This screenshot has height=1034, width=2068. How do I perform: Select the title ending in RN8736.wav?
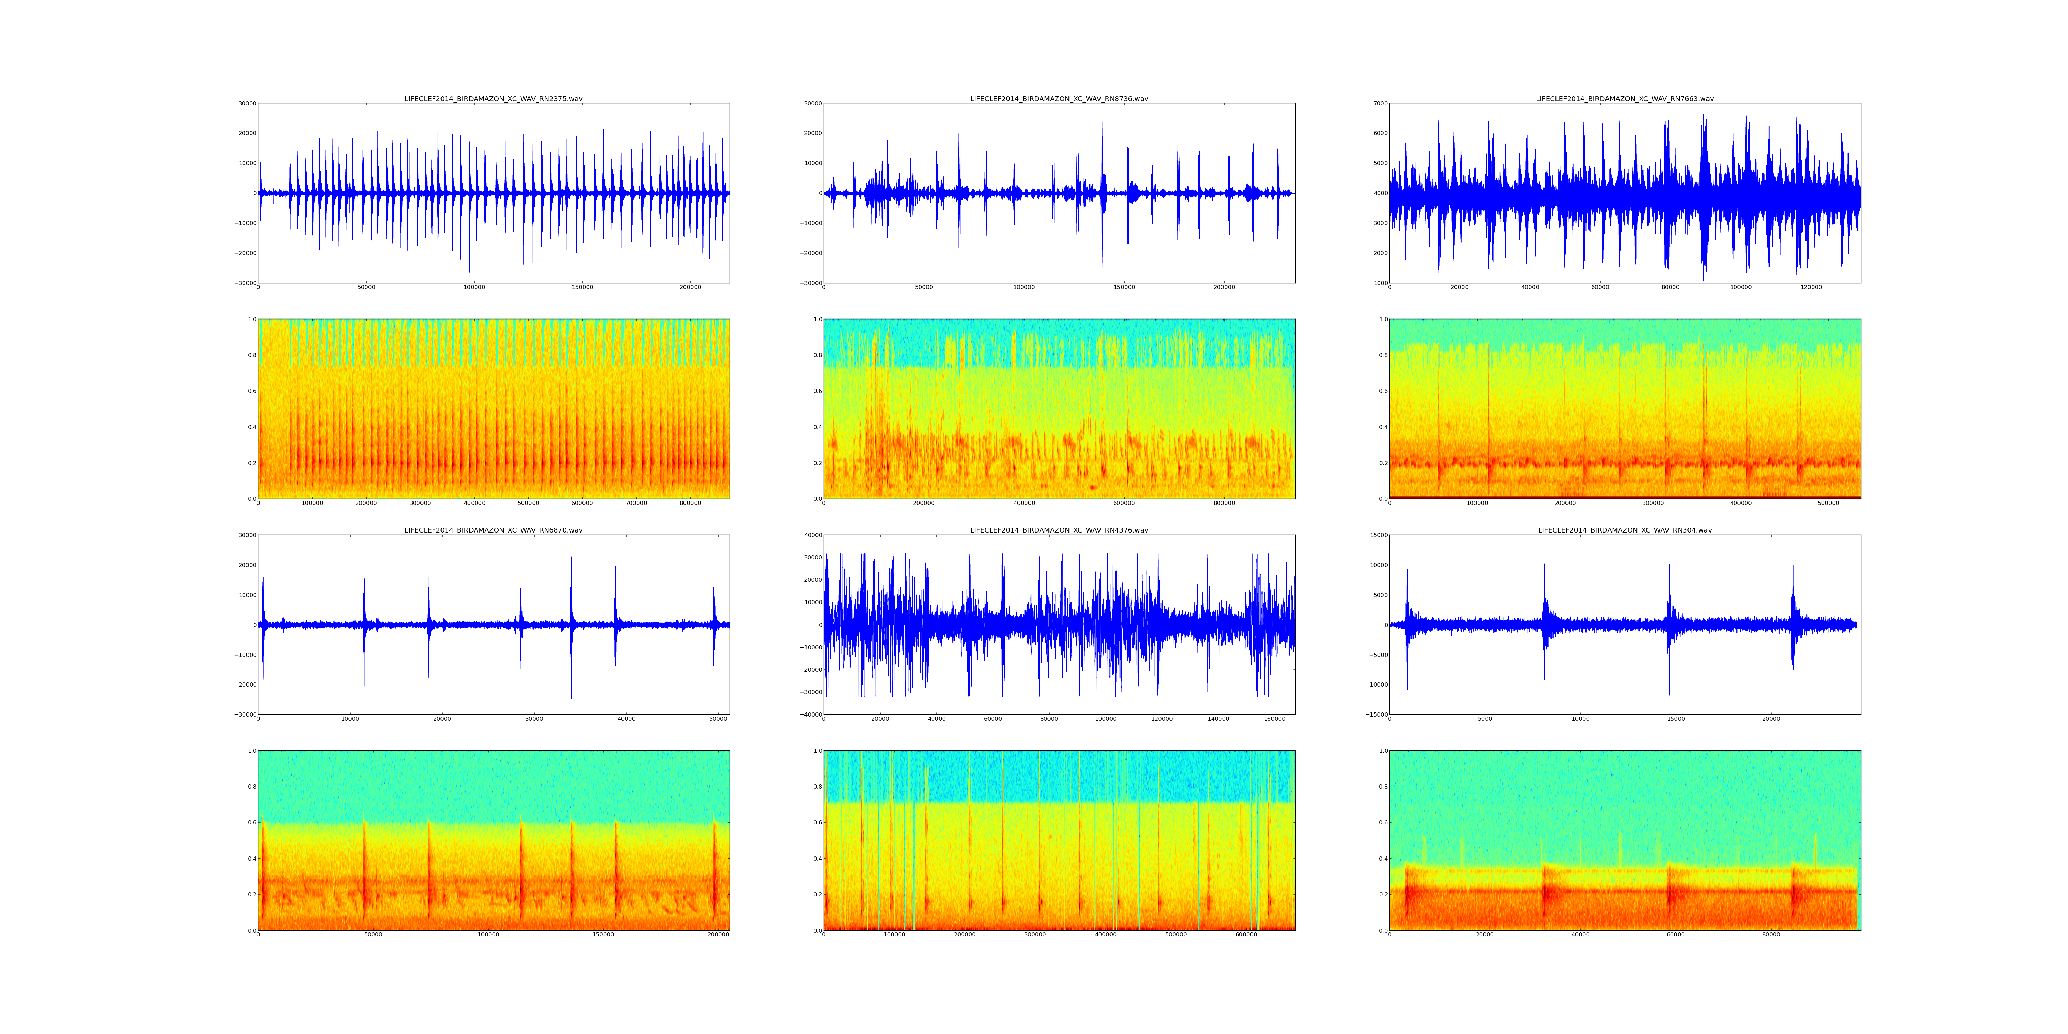1059,99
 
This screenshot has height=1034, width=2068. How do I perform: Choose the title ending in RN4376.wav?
1059,530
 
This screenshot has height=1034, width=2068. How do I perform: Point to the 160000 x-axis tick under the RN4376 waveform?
1275,719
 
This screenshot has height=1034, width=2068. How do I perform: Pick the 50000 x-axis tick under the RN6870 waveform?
719,719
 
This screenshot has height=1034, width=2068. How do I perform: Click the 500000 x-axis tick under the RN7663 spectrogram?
1828,503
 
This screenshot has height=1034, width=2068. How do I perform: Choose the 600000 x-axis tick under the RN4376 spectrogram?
1246,935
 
